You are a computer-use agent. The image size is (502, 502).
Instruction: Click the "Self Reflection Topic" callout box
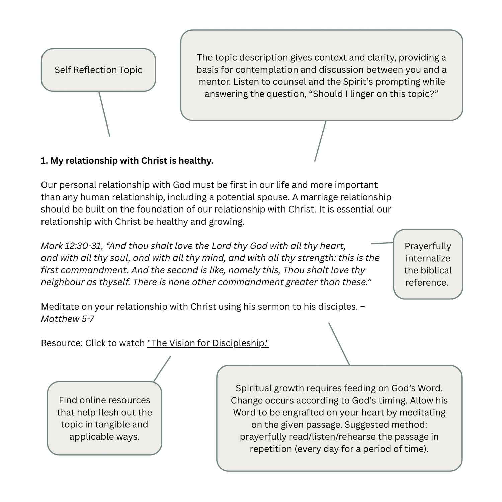98,70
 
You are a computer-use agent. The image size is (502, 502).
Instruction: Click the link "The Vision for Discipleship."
208,343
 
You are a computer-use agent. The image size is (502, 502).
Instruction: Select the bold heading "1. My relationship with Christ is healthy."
127,161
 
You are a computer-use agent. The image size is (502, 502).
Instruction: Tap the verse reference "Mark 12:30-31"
71,246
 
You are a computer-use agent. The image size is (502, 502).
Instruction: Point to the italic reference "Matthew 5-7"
67,319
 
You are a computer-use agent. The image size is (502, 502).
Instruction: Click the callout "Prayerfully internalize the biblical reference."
428,264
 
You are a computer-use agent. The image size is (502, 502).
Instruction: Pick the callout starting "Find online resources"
104,418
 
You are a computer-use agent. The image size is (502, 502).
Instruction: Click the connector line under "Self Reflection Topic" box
104,114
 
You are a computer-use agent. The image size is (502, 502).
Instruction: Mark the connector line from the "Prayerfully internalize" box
382,243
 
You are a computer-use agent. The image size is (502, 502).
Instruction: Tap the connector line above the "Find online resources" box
162,369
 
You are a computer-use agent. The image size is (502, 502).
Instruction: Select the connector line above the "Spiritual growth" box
339,344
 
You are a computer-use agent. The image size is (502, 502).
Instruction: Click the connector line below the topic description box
320,141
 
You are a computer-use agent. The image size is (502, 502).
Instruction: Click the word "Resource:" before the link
62,343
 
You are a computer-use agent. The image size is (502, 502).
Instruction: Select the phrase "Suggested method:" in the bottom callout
386,425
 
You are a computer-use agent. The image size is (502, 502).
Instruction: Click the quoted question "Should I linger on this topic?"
375,94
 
